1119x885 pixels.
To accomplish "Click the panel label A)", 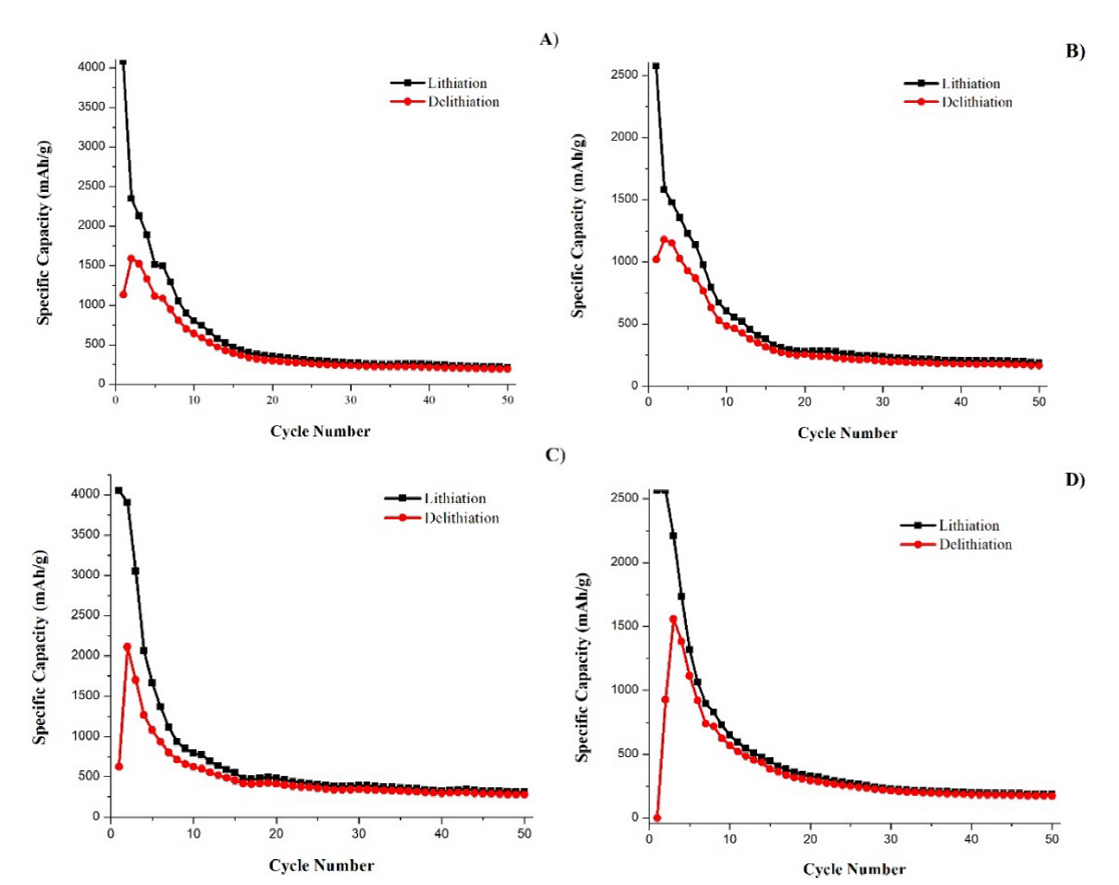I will point(549,39).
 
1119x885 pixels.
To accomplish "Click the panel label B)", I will point(1075,51).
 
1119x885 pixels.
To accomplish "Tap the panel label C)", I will point(555,455).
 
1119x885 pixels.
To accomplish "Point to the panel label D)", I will point(1075,480).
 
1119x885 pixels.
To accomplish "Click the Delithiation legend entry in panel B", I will point(976,102).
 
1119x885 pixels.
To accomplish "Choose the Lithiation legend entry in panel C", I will point(455,499).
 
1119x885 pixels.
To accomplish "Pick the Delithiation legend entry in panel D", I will point(975,544).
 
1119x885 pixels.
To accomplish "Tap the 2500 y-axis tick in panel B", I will point(624,74).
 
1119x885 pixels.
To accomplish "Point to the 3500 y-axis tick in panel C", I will point(86,534).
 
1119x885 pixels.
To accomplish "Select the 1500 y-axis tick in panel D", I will point(625,626).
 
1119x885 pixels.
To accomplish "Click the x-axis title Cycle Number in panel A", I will point(320,431).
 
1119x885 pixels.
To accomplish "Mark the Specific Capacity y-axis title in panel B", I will point(578,226).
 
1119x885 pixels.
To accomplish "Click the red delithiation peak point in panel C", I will point(127,646).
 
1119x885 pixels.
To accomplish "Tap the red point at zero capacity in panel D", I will point(657,818).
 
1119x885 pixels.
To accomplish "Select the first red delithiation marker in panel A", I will point(123,295).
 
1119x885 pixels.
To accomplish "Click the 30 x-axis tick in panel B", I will point(882,402).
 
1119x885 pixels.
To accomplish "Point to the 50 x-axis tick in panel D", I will point(1052,838).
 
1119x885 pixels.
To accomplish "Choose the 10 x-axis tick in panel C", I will point(193,833).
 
